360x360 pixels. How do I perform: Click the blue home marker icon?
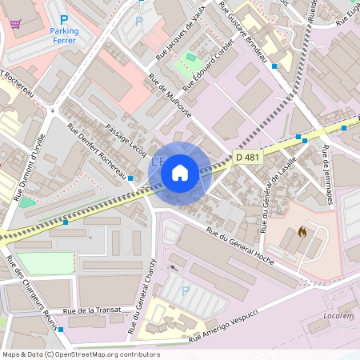click(180, 172)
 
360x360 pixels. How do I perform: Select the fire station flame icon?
click(302, 232)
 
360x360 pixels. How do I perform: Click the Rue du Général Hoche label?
click(240, 243)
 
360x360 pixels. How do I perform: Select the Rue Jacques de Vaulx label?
click(181, 31)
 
